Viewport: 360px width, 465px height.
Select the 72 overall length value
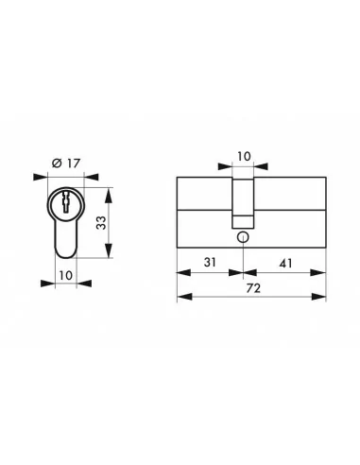[x=251, y=290]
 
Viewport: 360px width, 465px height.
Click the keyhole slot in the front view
[x=64, y=200]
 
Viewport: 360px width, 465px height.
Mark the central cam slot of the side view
[x=244, y=198]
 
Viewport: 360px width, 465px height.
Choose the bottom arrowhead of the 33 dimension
[x=112, y=256]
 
